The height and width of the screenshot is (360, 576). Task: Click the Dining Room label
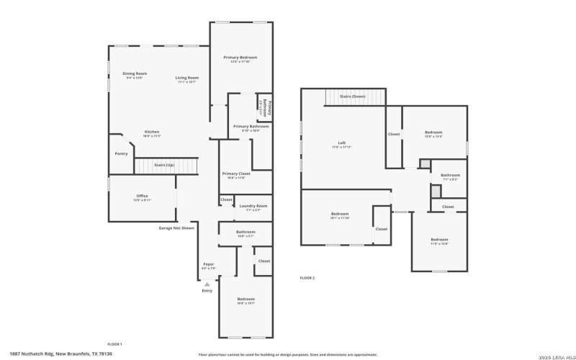click(x=135, y=74)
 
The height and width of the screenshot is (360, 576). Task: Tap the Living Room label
click(x=186, y=78)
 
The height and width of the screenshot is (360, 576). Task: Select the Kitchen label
click(x=152, y=132)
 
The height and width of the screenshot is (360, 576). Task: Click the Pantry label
click(x=121, y=153)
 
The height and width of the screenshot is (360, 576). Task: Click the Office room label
click(x=142, y=197)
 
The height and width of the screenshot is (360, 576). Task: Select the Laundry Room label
click(x=253, y=207)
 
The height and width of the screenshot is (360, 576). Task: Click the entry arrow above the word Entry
click(x=207, y=284)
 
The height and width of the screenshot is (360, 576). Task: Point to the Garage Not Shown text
click(x=176, y=228)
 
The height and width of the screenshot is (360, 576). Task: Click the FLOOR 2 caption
click(x=307, y=278)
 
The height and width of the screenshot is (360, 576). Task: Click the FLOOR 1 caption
click(x=114, y=344)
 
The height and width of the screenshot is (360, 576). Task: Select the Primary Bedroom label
click(x=240, y=58)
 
